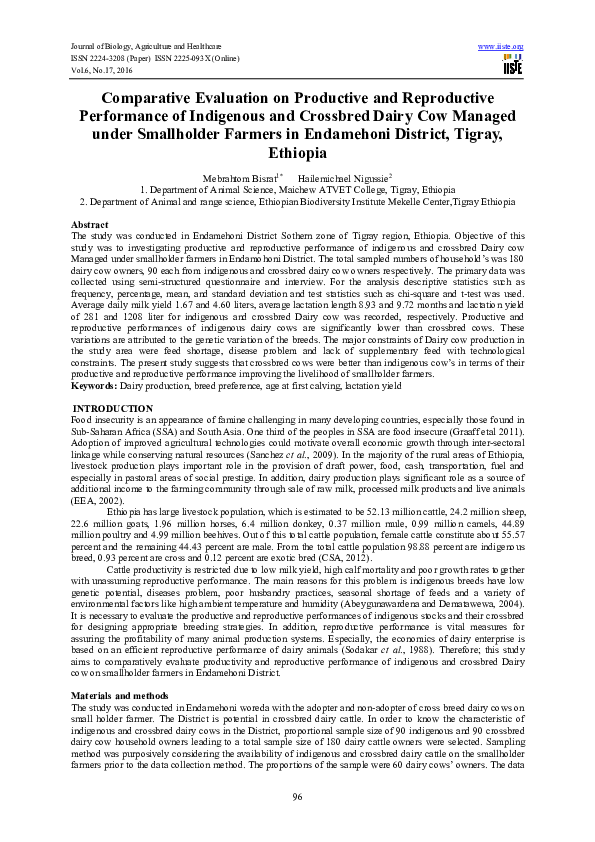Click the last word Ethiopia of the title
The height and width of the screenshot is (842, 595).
click(x=297, y=153)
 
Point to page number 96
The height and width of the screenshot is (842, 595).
click(x=297, y=795)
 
